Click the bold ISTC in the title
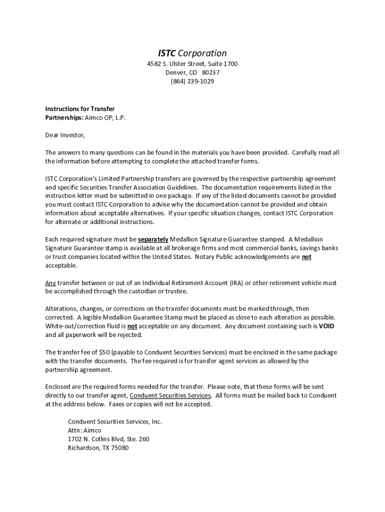click(x=167, y=53)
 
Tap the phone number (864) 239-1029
click(x=192, y=81)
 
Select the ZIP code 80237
click(x=210, y=72)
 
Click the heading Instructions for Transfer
click(x=80, y=108)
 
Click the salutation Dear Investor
click(x=65, y=135)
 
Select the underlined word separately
click(x=153, y=239)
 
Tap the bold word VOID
click(x=326, y=326)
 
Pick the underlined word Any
click(x=50, y=283)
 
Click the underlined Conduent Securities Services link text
click(x=170, y=395)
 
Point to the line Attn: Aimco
click(x=84, y=430)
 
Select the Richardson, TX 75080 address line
click(x=98, y=448)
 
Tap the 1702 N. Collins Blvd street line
click(x=108, y=439)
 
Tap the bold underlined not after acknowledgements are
click(x=306, y=257)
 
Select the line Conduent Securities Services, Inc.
click(x=115, y=421)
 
